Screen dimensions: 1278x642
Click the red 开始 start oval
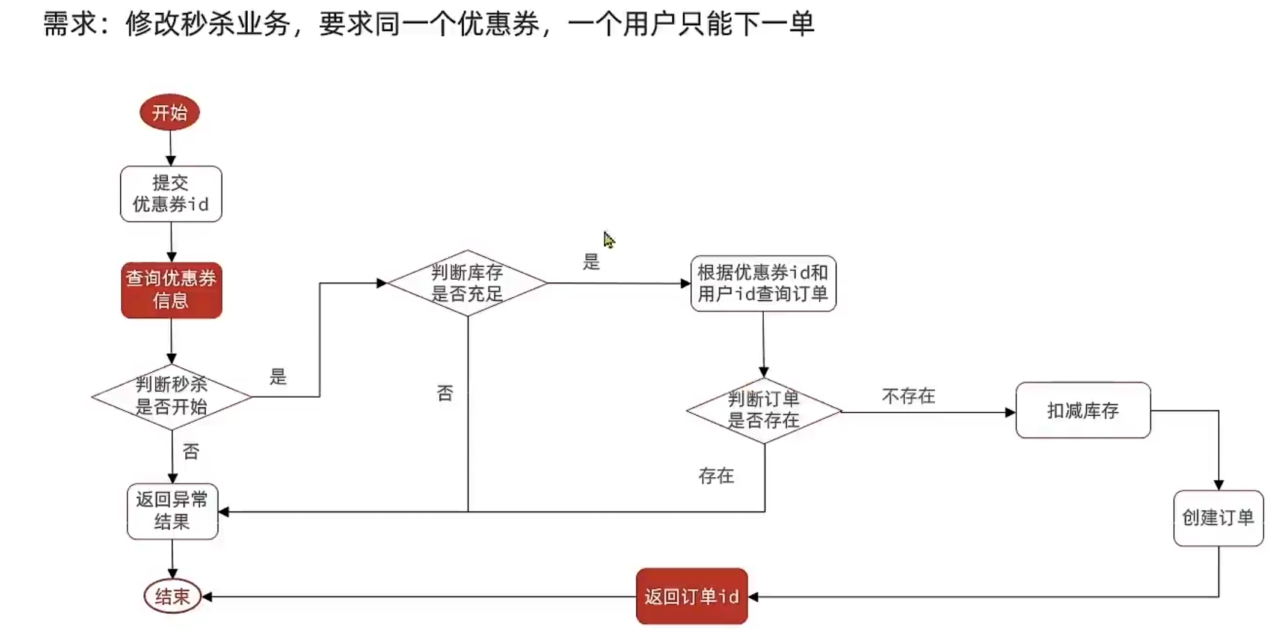coord(170,112)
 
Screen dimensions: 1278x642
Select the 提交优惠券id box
coord(171,194)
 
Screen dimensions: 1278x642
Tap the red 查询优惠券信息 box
coord(171,290)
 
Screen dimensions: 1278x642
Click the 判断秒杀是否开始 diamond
coord(171,397)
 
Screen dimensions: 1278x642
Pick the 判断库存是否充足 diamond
coord(467,283)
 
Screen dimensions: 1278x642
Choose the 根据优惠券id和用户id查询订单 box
coord(763,283)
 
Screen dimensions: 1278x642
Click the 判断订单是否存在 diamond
coord(764,411)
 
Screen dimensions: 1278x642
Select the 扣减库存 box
coord(1083,410)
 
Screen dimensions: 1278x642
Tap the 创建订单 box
coord(1218,518)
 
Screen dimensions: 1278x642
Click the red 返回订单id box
coord(692,596)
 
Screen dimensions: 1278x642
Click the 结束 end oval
coord(173,596)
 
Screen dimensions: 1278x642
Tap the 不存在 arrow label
coord(908,396)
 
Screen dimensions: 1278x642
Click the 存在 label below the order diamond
coord(716,476)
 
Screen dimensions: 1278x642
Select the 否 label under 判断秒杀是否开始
coord(191,451)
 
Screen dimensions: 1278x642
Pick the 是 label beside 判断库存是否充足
coord(591,262)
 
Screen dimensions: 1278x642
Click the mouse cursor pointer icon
coord(609,239)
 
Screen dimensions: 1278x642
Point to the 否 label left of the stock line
coord(445,394)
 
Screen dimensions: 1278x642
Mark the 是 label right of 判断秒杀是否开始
coord(278,377)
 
